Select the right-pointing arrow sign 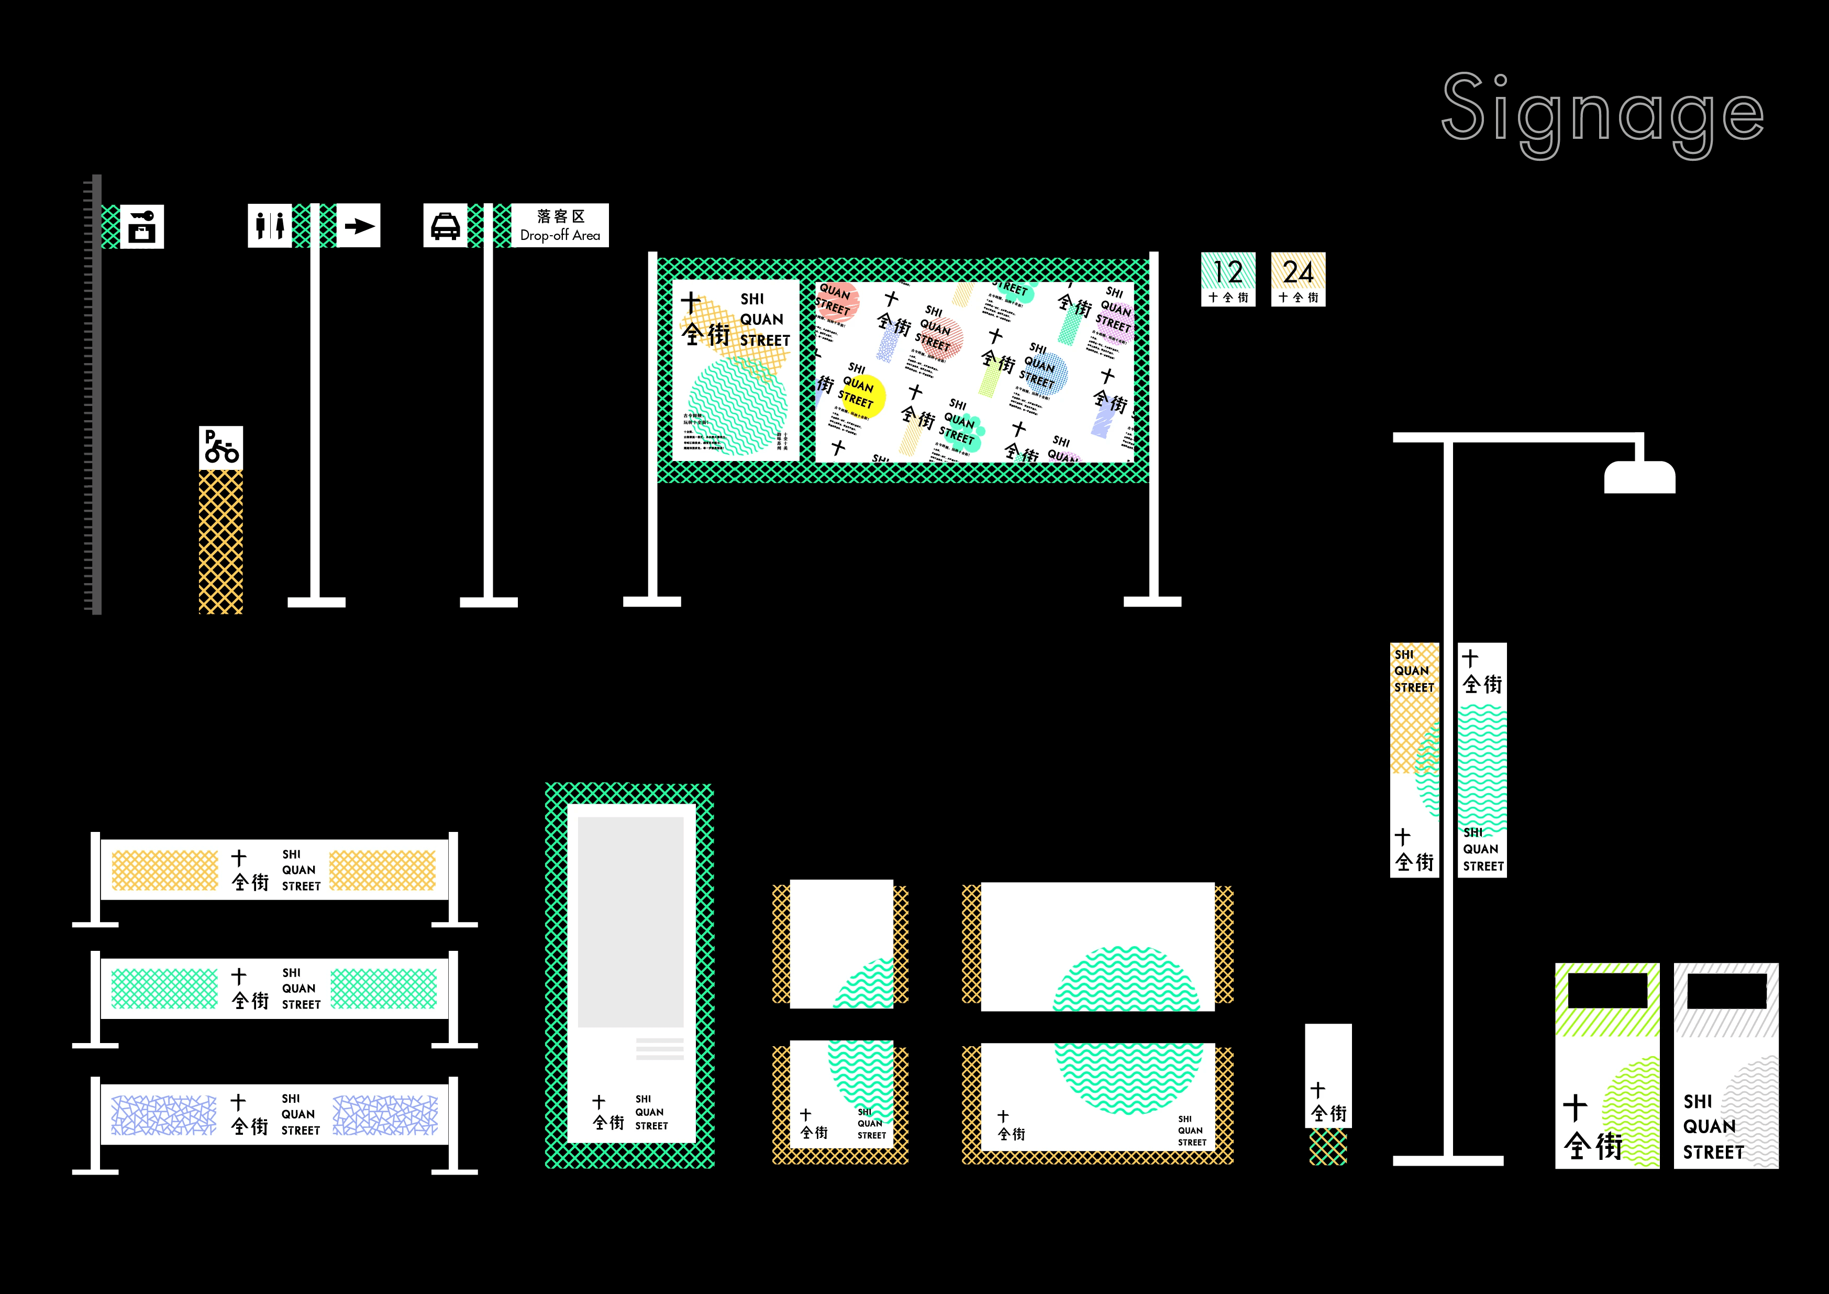tap(359, 225)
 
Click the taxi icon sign tap(445, 225)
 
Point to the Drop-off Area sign tap(560, 225)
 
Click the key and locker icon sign tap(142, 226)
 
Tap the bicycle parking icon tap(220, 448)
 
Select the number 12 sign tap(1227, 279)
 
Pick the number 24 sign tap(1298, 279)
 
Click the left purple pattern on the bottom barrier tap(163, 1115)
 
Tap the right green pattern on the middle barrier tap(383, 989)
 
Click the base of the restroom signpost tap(316, 602)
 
